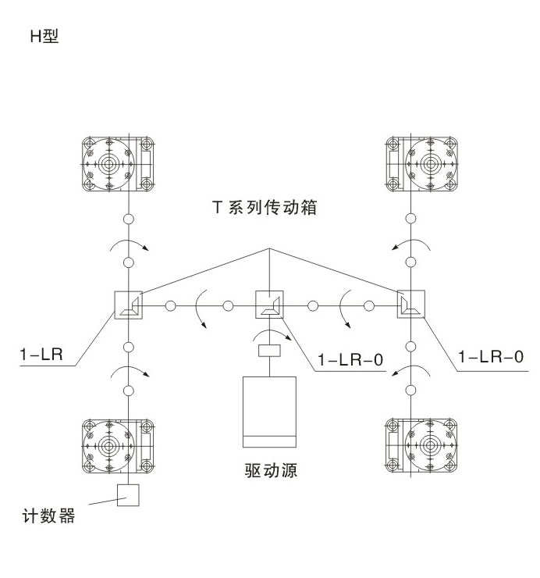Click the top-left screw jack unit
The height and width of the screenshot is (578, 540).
point(119,166)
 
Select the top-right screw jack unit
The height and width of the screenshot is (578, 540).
point(421,166)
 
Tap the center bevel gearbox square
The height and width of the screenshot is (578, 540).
point(269,305)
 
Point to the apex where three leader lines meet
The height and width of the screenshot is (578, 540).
point(269,248)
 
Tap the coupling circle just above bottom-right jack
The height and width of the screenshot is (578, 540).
point(411,389)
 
